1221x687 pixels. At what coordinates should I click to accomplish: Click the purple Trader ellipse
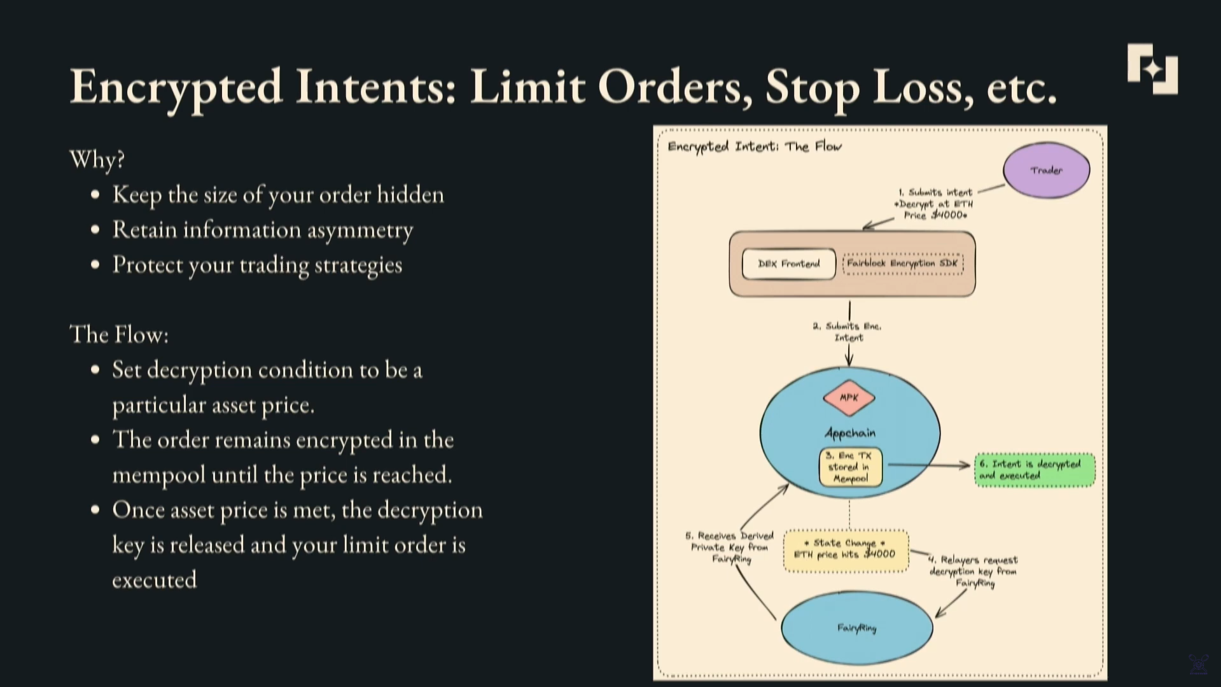coord(1046,170)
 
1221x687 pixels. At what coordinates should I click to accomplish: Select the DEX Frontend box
coord(788,264)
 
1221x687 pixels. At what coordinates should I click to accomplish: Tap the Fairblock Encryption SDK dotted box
coord(902,264)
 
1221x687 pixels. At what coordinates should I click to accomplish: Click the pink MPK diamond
coord(849,397)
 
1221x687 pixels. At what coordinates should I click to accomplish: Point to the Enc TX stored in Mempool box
coord(850,467)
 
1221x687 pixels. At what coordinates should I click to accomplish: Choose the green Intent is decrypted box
coord(1034,470)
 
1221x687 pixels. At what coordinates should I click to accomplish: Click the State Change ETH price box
coord(846,549)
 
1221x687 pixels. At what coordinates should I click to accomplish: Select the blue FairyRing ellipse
coord(856,628)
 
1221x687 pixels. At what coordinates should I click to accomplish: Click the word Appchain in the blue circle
coord(850,434)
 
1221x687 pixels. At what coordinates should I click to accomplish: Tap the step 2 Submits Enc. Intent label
coord(848,332)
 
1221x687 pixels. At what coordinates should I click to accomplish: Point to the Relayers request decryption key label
coord(973,571)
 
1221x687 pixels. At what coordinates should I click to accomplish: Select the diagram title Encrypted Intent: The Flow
coord(754,146)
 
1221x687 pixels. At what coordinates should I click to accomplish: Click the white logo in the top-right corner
coord(1152,69)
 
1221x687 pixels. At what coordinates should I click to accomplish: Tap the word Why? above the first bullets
coord(97,159)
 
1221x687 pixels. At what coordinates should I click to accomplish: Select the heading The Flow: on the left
coord(119,334)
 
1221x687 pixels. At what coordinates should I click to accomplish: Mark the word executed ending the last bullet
coord(155,580)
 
